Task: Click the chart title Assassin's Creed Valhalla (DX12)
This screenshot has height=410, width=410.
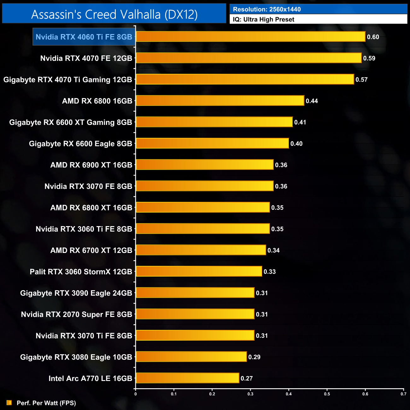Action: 114,15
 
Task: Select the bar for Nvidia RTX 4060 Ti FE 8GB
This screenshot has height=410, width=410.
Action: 250,37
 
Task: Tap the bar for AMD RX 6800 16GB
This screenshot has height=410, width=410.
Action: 220,101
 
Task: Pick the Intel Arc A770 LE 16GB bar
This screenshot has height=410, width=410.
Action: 187,378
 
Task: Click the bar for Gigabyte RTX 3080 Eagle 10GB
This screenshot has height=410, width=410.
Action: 191,357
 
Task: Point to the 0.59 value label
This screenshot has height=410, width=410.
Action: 369,58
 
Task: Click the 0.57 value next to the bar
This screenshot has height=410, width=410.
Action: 361,80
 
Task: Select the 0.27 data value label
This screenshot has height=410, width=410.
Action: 247,378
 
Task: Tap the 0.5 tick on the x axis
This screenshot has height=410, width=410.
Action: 327,394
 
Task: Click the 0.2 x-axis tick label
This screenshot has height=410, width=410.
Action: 212,394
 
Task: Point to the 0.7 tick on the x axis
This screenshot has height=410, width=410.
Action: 403,394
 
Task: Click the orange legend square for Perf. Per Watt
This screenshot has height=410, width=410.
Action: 9,403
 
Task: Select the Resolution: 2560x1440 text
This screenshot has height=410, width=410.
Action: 267,9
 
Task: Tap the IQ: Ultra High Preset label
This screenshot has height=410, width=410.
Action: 264,20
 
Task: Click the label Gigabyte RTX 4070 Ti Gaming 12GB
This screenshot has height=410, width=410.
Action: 67,80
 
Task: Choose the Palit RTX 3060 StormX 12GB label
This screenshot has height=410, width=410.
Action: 81,272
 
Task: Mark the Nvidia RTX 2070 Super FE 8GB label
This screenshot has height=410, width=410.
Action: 76,314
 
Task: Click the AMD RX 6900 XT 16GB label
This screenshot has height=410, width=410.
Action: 91,165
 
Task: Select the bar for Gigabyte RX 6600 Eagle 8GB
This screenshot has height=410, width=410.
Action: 212,143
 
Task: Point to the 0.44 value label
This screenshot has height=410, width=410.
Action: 312,101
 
